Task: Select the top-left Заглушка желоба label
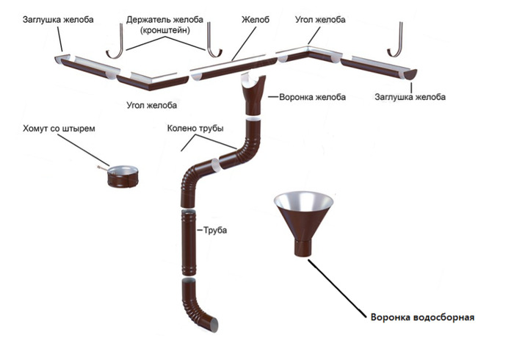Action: click(48, 18)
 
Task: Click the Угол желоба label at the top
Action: click(320, 18)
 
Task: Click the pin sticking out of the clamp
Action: click(100, 170)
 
